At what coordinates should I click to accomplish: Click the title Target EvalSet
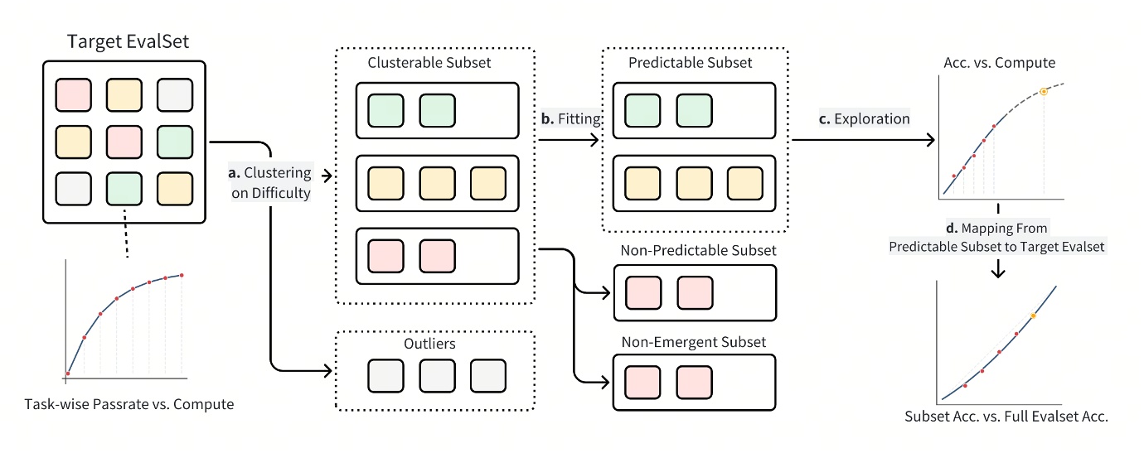pos(124,41)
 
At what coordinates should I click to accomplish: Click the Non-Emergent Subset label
pos(693,341)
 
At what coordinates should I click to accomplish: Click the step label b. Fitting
pos(569,118)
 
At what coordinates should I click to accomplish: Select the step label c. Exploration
pos(864,118)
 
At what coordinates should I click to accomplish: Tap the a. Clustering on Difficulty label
pos(272,184)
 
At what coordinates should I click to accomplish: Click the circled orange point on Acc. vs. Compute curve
pos(1044,91)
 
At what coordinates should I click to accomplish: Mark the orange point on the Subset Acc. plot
pos(1033,316)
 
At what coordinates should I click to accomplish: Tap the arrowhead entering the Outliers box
pos(327,367)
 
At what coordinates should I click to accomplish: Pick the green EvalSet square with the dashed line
pos(124,190)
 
